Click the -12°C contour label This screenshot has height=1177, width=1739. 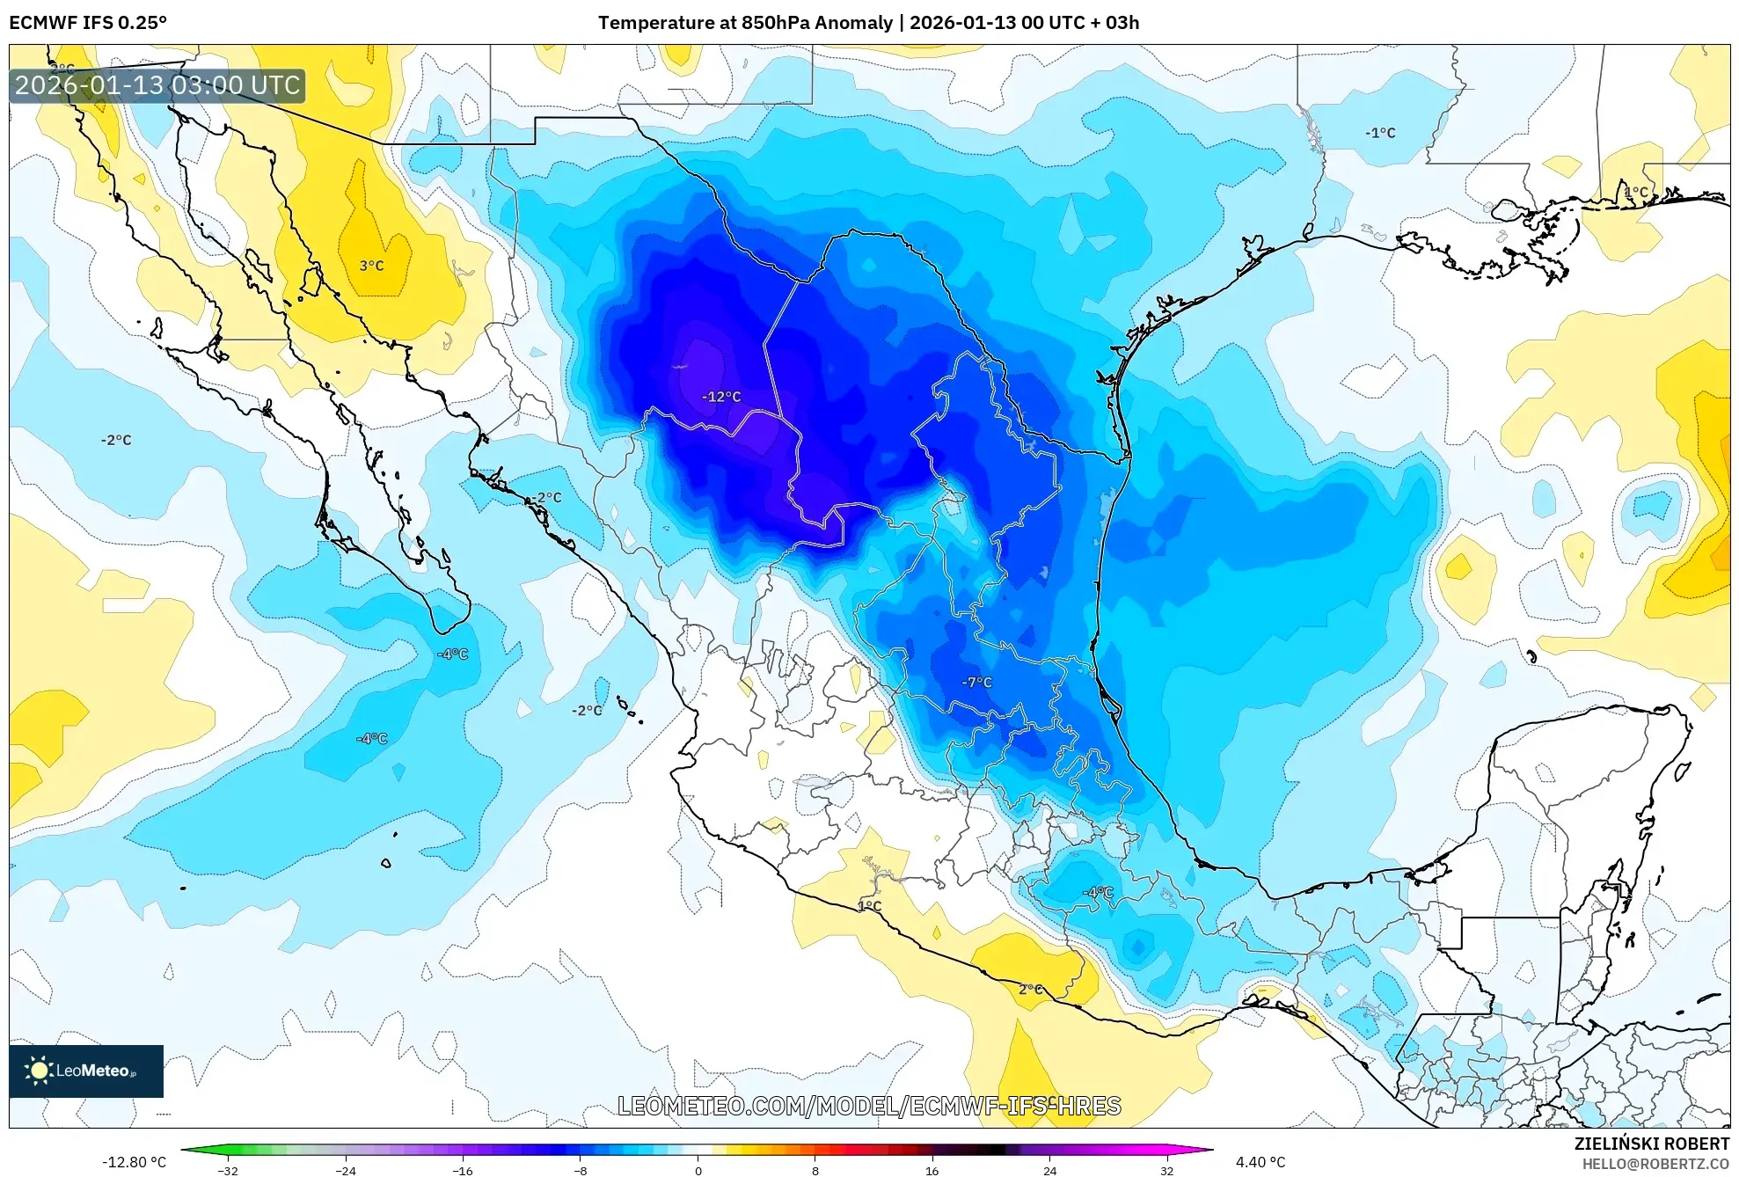pyautogui.click(x=720, y=397)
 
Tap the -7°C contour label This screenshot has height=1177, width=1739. pyautogui.click(x=976, y=682)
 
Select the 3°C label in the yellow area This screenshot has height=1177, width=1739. pyautogui.click(x=371, y=266)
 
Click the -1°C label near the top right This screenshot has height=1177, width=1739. pyautogui.click(x=1380, y=133)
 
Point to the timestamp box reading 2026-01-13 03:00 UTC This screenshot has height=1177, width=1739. pyautogui.click(x=157, y=85)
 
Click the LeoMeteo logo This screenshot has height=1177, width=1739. pyautogui.click(x=86, y=1071)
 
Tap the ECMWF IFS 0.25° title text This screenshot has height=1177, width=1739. pyautogui.click(x=88, y=22)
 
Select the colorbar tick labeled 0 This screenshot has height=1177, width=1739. pyautogui.click(x=698, y=1170)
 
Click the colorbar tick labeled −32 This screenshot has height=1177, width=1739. pyautogui.click(x=228, y=1170)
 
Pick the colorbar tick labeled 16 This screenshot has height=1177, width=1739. pyautogui.click(x=932, y=1170)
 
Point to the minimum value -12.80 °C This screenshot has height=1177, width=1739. pyautogui.click(x=134, y=1162)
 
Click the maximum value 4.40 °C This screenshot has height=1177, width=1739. pyautogui.click(x=1260, y=1162)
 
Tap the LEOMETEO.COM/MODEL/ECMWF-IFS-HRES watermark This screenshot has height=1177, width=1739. pyautogui.click(x=869, y=1106)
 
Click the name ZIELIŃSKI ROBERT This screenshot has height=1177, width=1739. pyautogui.click(x=1651, y=1144)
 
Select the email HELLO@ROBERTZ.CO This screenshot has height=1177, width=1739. pyautogui.click(x=1655, y=1164)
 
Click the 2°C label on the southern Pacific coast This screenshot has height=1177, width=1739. pyautogui.click(x=1030, y=989)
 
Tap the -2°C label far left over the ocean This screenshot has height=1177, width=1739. pyautogui.click(x=115, y=440)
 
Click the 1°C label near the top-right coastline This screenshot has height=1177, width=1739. pyautogui.click(x=1635, y=192)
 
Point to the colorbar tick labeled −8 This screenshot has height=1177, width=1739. pyautogui.click(x=581, y=1170)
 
